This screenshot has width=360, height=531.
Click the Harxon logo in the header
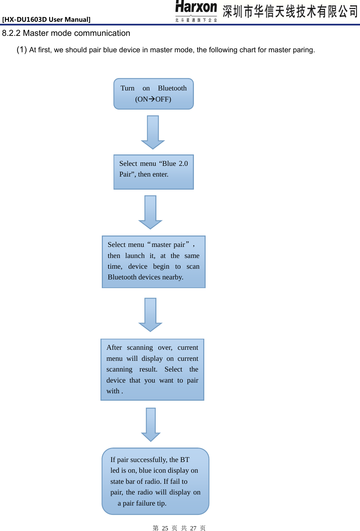[196, 11]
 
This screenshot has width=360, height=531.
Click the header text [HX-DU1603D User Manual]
[46, 19]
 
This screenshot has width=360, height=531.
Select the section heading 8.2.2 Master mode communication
[66, 33]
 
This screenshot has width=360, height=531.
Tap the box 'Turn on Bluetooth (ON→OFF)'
[153, 94]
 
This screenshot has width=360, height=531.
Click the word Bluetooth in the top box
[172, 88]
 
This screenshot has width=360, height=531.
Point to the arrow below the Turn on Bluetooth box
[153, 132]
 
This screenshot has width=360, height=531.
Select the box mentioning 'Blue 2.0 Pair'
[153, 172]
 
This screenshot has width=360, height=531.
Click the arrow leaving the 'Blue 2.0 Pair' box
[150, 212]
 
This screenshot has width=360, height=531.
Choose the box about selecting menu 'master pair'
[153, 262]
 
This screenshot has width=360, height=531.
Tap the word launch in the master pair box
[135, 256]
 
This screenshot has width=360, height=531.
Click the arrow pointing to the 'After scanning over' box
[150, 315]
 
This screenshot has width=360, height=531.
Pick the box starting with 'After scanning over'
[152, 370]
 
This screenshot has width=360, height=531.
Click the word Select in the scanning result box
[173, 369]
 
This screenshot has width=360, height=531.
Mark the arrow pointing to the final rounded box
[151, 424]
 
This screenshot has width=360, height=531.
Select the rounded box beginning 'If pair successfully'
[155, 481]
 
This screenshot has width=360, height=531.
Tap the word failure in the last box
[145, 503]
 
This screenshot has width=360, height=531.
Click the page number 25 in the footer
[165, 528]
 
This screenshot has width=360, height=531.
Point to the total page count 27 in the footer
[193, 528]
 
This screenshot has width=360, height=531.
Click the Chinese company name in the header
[290, 11]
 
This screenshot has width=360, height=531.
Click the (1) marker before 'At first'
[22, 50]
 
